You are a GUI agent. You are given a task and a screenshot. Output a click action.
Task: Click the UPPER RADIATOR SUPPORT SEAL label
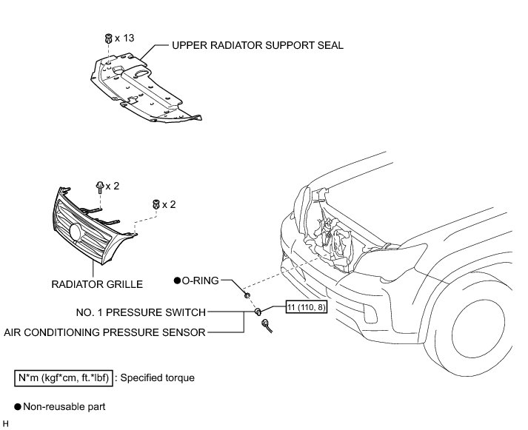coord(257,45)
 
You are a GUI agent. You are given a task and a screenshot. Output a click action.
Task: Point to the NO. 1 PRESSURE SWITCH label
coord(140,312)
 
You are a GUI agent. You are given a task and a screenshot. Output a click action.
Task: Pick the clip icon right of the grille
coord(155,204)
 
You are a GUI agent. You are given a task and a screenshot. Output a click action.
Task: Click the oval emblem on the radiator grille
coord(75,232)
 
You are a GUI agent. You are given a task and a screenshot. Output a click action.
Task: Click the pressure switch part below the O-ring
coord(258,313)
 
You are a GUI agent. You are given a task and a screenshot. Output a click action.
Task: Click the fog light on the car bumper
coord(368,318)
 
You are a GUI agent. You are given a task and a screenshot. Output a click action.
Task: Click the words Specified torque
coord(159,377)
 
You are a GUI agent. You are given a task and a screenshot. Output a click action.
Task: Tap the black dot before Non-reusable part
coord(17,406)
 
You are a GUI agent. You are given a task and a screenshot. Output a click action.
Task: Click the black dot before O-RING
coord(177,280)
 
